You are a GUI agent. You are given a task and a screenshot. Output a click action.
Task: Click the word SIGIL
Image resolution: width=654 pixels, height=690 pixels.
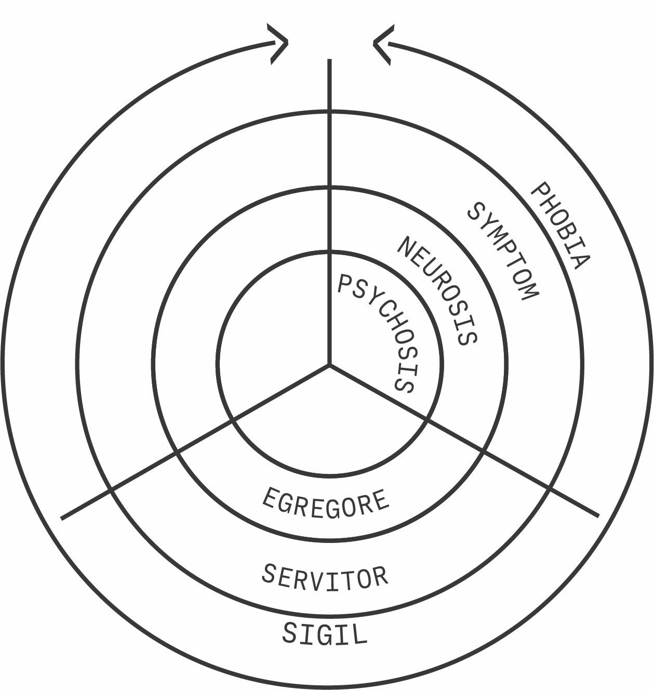point(325,633)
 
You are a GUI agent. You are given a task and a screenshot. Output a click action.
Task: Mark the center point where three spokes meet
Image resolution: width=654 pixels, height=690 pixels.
point(329,365)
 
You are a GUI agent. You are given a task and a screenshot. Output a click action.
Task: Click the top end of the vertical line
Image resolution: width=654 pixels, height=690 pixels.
point(329,61)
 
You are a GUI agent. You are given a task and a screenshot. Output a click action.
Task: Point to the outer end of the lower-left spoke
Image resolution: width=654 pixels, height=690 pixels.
point(62,517)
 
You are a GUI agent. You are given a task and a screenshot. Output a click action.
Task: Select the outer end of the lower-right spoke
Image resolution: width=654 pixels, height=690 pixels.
point(598,515)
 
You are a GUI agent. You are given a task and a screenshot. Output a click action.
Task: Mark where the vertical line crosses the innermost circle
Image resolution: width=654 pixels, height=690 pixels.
point(329,251)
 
